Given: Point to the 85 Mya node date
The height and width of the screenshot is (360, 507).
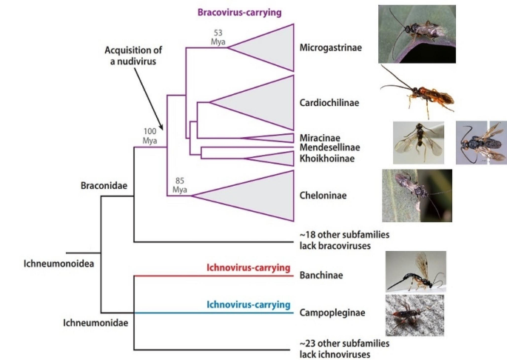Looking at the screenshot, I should (179, 184).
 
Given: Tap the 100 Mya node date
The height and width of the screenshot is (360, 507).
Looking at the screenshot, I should (150, 136).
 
